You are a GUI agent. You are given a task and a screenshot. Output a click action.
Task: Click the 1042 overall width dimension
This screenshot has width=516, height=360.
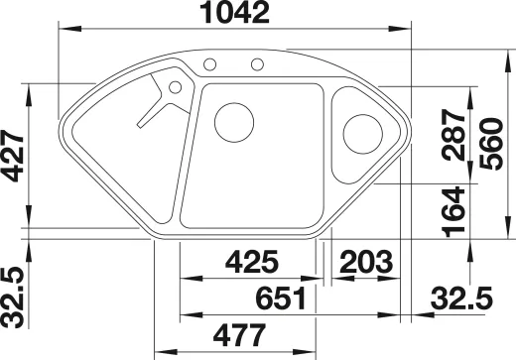(235, 13)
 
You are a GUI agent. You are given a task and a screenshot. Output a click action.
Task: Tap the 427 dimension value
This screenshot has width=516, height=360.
(13, 156)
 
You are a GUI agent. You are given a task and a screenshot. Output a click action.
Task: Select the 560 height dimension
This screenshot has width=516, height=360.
(491, 144)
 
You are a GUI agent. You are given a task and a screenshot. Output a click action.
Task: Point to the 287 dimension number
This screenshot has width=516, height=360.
(454, 135)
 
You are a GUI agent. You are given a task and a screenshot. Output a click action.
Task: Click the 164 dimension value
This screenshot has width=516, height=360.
(453, 212)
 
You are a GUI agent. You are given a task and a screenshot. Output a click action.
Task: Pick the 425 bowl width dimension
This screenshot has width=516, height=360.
(252, 262)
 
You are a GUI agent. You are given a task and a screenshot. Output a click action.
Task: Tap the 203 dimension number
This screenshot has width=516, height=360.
(366, 262)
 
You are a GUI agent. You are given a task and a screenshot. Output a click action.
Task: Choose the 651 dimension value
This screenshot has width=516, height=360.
(281, 299)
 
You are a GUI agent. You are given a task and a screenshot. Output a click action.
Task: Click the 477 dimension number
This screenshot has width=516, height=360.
(239, 334)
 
